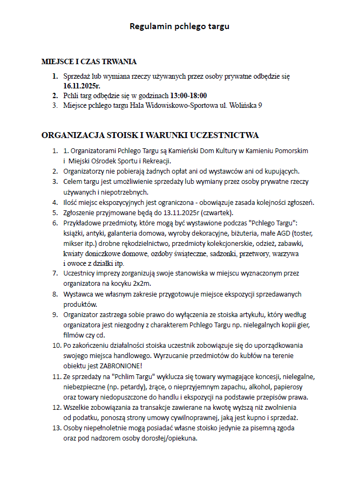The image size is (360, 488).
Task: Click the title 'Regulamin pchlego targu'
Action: click(x=180, y=26)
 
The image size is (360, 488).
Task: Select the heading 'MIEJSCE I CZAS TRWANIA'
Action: click(x=89, y=61)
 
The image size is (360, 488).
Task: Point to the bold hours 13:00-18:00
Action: click(x=188, y=95)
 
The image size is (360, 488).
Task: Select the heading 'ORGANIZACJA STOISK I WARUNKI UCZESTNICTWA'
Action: click(x=151, y=134)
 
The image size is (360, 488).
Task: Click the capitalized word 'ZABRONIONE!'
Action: click(x=119, y=365)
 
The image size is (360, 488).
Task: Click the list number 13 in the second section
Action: click(x=55, y=428)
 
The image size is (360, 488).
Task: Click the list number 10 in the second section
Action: click(x=55, y=345)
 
